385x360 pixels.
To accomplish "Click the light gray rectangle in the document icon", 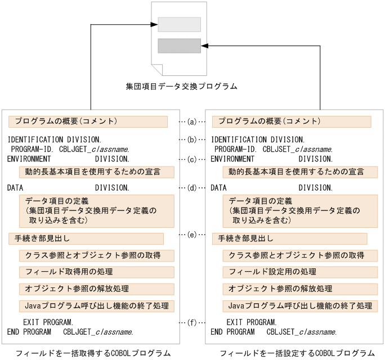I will click(x=179, y=25).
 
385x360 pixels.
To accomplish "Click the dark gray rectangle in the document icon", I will click(x=179, y=46).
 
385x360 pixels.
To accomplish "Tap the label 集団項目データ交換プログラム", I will click(x=182, y=87).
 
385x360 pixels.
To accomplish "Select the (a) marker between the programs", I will click(x=191, y=121).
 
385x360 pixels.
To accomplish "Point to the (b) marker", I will click(x=191, y=139).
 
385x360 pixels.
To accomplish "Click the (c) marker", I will click(x=191, y=159).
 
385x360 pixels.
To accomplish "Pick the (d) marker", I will click(x=191, y=187).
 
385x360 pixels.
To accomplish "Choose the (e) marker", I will click(x=191, y=234).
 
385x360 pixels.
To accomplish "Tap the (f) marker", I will click(x=191, y=323).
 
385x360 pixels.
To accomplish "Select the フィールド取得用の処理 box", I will click(x=96, y=272).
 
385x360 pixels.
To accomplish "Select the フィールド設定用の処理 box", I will click(x=299, y=272).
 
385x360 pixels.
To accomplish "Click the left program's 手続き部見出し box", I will click(x=86, y=238).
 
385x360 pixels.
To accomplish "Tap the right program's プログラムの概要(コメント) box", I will click(x=291, y=121).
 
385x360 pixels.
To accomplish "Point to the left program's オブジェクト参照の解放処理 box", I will click(x=96, y=289).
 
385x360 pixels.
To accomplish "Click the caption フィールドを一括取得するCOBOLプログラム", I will click(x=93, y=353).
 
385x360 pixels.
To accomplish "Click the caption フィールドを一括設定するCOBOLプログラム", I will click(x=297, y=353).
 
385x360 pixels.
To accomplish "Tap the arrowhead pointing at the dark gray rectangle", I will click(x=205, y=46).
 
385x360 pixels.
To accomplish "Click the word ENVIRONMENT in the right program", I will click(x=232, y=159).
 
